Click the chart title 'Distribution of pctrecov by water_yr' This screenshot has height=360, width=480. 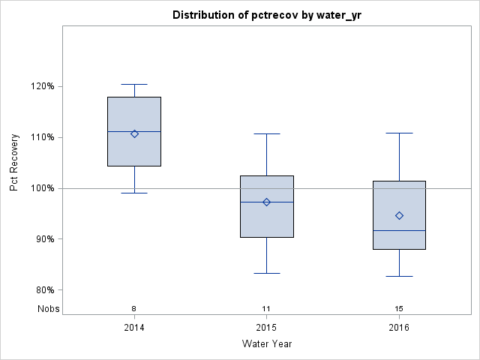(266, 15)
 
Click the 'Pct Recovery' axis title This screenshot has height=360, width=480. (14, 163)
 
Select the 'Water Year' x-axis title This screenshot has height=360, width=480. (266, 343)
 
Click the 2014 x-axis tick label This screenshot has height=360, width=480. (134, 327)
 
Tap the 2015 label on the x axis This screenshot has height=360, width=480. (266, 327)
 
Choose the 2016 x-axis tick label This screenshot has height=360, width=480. (399, 327)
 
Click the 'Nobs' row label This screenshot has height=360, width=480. (46, 308)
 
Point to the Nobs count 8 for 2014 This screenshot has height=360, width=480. (134, 308)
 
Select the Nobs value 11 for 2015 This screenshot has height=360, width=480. (266, 308)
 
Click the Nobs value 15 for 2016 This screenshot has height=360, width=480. (399, 308)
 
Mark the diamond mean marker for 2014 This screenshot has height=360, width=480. (134, 133)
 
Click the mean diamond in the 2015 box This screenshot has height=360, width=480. (266, 202)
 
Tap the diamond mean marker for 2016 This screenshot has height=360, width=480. (399, 215)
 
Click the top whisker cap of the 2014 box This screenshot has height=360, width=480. (134, 85)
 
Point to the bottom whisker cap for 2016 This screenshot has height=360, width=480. (399, 276)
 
